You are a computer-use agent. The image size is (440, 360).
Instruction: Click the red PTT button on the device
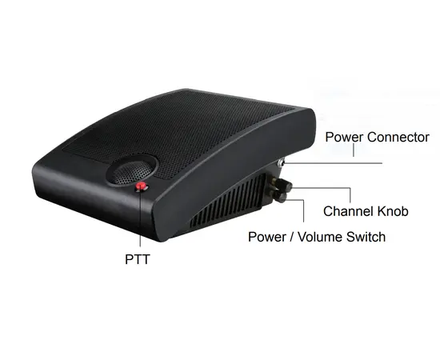click(x=141, y=186)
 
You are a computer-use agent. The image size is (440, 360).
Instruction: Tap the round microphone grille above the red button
click(x=131, y=171)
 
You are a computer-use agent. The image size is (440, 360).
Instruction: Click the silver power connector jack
click(x=281, y=162)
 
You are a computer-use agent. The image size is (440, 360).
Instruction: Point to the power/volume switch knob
click(x=279, y=197)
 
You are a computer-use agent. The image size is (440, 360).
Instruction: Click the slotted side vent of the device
click(x=228, y=200)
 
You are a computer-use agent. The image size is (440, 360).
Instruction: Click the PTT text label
click(x=138, y=259)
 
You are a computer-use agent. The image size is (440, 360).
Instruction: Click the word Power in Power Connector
click(x=344, y=138)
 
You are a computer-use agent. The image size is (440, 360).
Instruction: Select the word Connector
click(x=398, y=138)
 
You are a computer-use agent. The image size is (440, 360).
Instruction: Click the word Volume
click(x=320, y=237)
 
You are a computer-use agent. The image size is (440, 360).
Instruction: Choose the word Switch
click(x=366, y=237)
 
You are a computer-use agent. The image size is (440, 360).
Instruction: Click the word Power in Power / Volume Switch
click(x=267, y=237)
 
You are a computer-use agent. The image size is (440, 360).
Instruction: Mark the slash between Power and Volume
click(x=291, y=237)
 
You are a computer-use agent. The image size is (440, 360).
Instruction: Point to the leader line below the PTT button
click(x=140, y=218)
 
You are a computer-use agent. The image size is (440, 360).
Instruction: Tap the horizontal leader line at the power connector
click(x=334, y=162)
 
